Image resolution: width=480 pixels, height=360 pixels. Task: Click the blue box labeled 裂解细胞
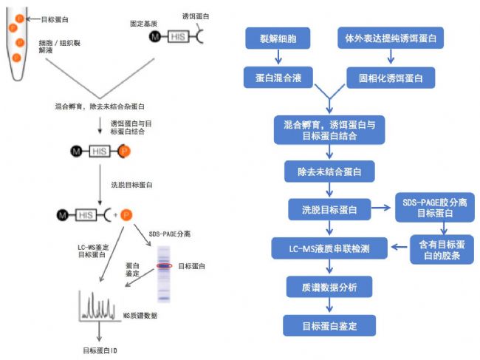pyautogui.click(x=278, y=38)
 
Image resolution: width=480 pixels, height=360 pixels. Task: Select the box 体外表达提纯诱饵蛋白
pyautogui.click(x=391, y=38)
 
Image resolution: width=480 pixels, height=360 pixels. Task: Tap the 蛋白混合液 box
pyautogui.click(x=278, y=78)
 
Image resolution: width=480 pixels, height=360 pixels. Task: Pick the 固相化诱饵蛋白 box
pyautogui.click(x=391, y=78)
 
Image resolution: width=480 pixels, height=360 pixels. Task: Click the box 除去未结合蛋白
pyautogui.click(x=329, y=171)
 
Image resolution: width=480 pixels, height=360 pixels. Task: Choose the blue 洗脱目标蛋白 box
pyautogui.click(x=329, y=209)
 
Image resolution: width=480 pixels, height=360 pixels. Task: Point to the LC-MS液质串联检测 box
pyautogui.click(x=329, y=248)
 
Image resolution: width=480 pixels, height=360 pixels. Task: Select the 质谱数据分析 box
pyautogui.click(x=329, y=287)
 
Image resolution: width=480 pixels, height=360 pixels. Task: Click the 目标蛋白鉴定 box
pyautogui.click(x=329, y=326)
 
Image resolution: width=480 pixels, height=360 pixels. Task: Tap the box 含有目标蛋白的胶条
pyautogui.click(x=442, y=250)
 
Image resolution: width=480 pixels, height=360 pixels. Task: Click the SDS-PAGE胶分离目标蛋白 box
pyautogui.click(x=435, y=208)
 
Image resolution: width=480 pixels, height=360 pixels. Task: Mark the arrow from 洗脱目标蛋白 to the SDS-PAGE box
pyautogui.click(x=381, y=208)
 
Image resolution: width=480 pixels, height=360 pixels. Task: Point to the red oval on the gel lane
pyautogui.click(x=165, y=266)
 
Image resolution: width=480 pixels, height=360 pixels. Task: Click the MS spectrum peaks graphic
pyautogui.click(x=97, y=305)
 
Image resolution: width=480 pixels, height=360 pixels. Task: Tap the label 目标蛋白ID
pyautogui.click(x=100, y=350)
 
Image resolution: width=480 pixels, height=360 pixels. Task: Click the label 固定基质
pyautogui.click(x=143, y=24)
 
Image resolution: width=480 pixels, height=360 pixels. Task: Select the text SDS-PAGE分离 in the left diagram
pyautogui.click(x=170, y=234)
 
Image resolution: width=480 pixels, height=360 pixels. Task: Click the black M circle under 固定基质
pyautogui.click(x=155, y=37)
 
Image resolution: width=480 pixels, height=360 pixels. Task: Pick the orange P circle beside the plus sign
pyautogui.click(x=126, y=215)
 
